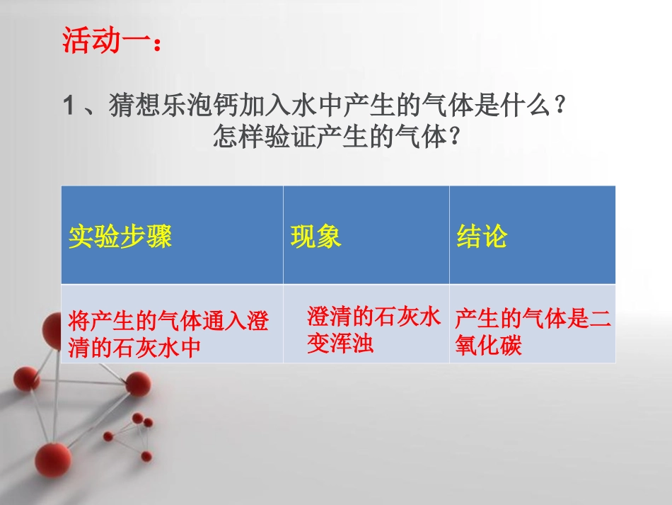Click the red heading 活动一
(106, 40)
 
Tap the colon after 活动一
(158, 43)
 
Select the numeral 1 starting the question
(69, 108)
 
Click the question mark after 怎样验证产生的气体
(455, 137)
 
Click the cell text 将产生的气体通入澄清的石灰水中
(168, 334)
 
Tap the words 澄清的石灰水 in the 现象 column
(373, 317)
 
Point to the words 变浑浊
(340, 344)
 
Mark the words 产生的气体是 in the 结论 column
(522, 320)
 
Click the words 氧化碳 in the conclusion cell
(488, 346)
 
